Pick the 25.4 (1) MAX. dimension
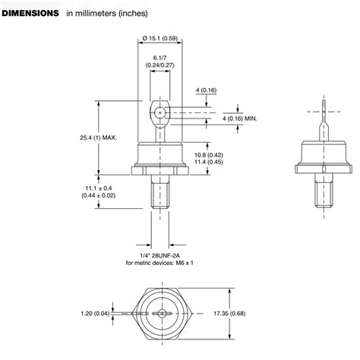pyautogui.click(x=98, y=137)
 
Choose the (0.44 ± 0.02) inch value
pyautogui.click(x=97, y=196)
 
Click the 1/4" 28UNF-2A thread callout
pyautogui.click(x=159, y=255)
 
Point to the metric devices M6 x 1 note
pyautogui.click(x=159, y=264)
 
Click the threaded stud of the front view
pyautogui.click(x=159, y=194)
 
